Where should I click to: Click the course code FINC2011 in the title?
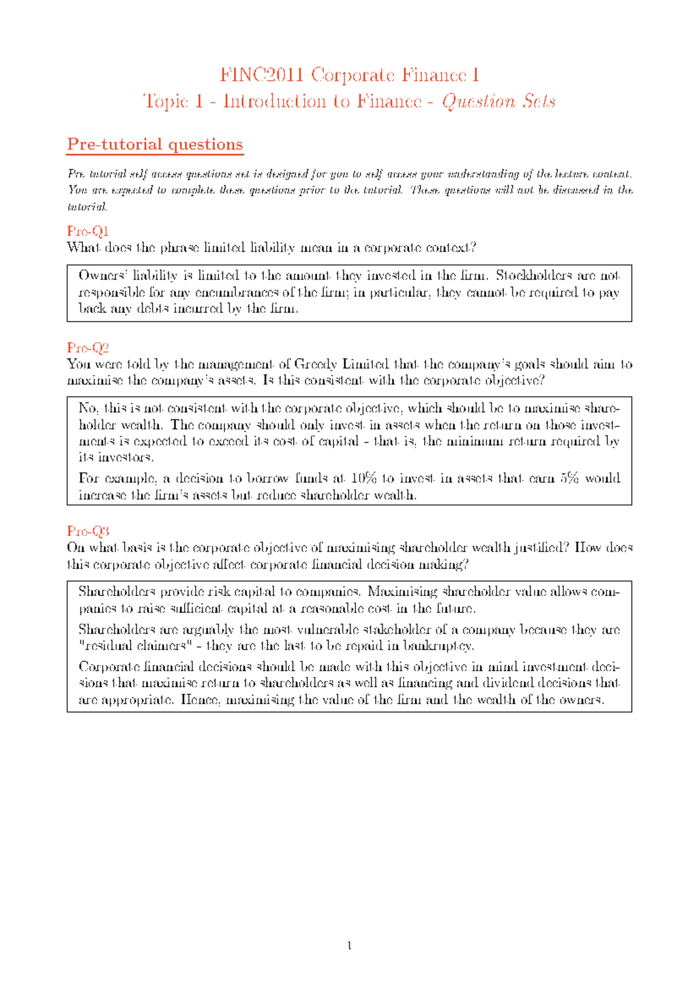click(262, 75)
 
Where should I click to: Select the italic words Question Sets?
click(499, 102)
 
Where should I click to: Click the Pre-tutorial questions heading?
click(155, 144)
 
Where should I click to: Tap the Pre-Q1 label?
click(88, 231)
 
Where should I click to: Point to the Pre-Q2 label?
click(88, 348)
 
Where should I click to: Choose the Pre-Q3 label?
click(88, 531)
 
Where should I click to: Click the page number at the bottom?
click(349, 946)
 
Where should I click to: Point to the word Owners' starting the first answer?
click(98, 276)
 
